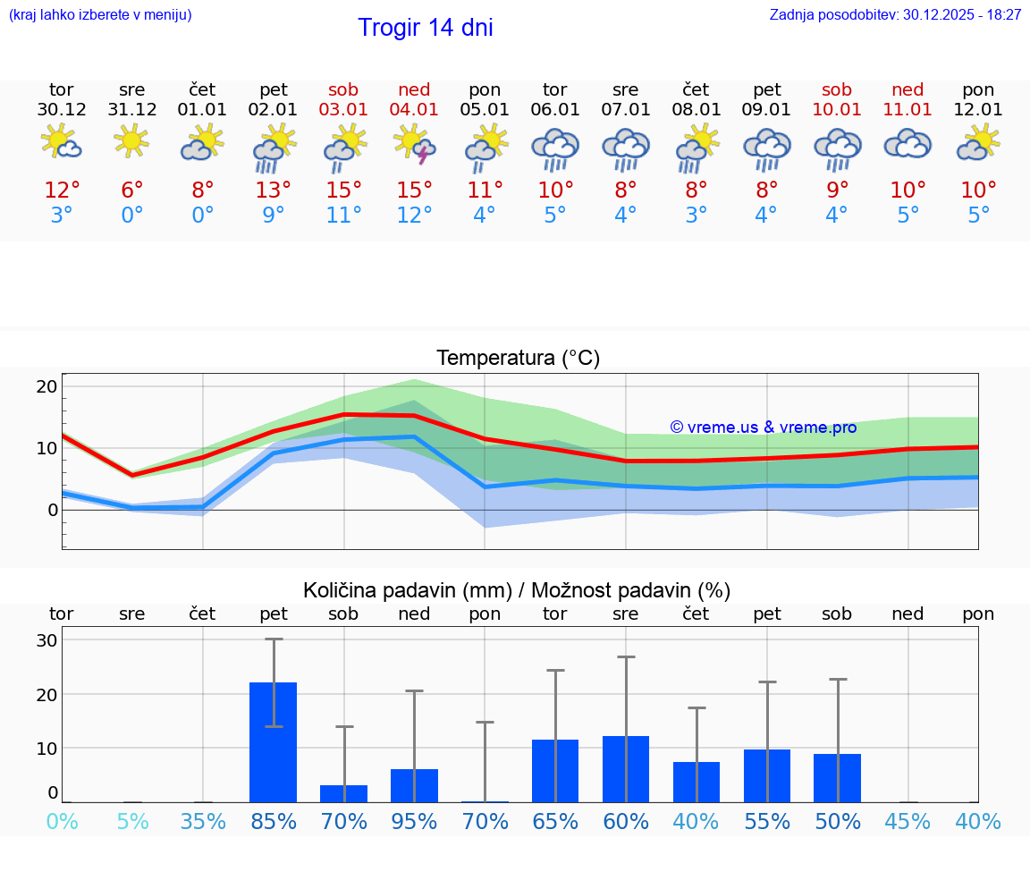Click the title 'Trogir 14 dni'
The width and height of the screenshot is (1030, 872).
pyautogui.click(x=425, y=28)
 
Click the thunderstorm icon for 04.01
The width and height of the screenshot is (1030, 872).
pyautogui.click(x=414, y=145)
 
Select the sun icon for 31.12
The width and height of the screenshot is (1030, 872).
pyautogui.click(x=131, y=141)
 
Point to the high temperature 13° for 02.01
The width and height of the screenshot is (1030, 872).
pyautogui.click(x=274, y=190)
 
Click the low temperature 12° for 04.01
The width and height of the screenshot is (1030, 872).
pyautogui.click(x=414, y=216)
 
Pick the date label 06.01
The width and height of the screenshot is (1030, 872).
pyautogui.click(x=555, y=110)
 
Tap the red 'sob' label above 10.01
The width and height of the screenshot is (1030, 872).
pyautogui.click(x=837, y=89)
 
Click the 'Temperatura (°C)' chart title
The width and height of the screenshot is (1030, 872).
pyautogui.click(x=518, y=359)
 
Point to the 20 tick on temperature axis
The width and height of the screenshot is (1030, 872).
pyautogui.click(x=46, y=386)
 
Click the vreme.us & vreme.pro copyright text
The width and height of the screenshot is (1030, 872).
pyautogui.click(x=763, y=428)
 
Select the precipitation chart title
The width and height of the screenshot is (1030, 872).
pyautogui.click(x=517, y=590)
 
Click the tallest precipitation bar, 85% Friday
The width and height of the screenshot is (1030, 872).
pyautogui.click(x=273, y=741)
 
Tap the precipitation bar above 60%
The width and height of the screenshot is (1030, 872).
pyautogui.click(x=626, y=768)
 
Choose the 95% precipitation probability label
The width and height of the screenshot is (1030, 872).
pyautogui.click(x=414, y=821)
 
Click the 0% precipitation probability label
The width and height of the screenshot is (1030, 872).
pyautogui.click(x=62, y=821)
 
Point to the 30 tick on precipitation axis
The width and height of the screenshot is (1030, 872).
pyautogui.click(x=46, y=640)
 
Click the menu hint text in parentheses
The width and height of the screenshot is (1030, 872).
pyautogui.click(x=100, y=14)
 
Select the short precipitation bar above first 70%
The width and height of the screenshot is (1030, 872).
pyautogui.click(x=343, y=793)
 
